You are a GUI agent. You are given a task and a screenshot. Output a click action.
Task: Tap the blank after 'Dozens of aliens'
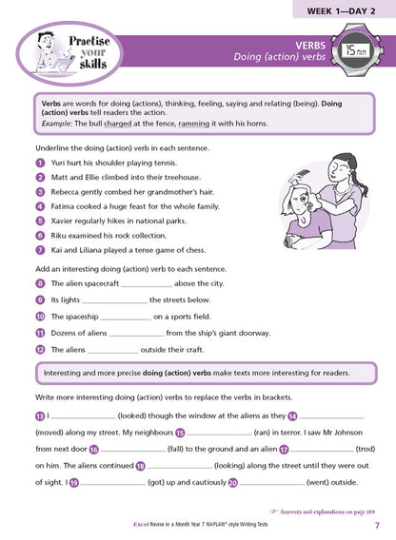[x=137, y=334]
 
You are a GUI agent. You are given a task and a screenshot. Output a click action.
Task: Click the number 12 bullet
[x=39, y=350]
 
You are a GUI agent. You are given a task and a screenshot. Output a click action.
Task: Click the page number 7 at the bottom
[x=377, y=526]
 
